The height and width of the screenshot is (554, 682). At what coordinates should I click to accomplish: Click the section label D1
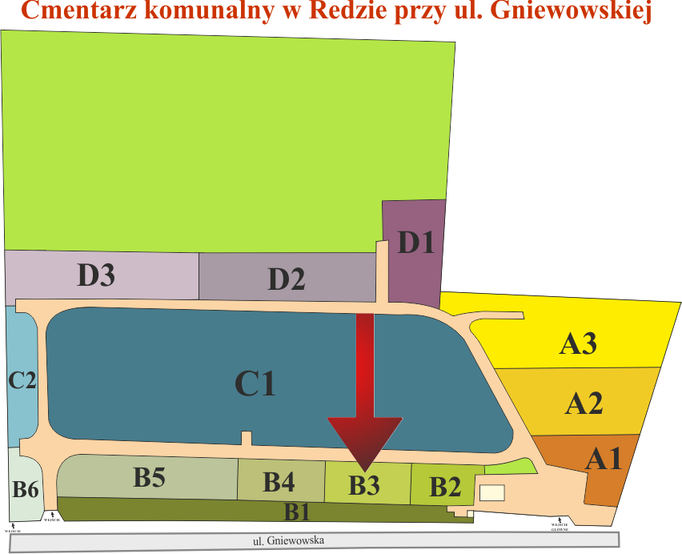click(415, 242)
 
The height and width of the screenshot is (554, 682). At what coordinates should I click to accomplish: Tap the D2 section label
click(286, 279)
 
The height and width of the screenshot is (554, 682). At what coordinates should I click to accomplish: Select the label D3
click(96, 275)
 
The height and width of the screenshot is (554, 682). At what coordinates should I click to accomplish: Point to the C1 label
click(255, 384)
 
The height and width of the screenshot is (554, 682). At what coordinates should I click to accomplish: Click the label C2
click(22, 379)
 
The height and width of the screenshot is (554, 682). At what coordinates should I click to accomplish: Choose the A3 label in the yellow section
click(577, 344)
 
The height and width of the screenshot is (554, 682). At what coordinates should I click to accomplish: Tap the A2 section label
click(584, 403)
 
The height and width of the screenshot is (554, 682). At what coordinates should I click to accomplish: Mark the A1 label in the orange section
click(603, 459)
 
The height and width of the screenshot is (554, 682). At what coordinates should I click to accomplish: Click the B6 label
click(26, 488)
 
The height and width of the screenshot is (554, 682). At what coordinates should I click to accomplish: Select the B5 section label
click(149, 478)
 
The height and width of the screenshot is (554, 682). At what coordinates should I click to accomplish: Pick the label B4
click(279, 482)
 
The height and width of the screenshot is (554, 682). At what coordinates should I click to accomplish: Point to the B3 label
click(363, 484)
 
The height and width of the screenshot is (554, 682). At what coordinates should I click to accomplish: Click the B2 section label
click(445, 486)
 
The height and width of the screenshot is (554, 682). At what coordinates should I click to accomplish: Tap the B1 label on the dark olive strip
click(298, 510)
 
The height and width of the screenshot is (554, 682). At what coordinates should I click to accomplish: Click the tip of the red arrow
click(365, 468)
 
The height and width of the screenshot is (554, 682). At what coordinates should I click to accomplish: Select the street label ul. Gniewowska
click(288, 541)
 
